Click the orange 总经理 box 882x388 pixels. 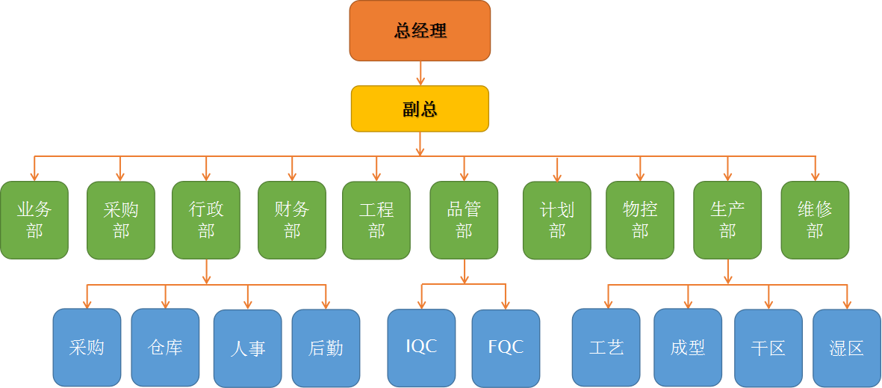[x=420, y=31]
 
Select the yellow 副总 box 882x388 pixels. [x=420, y=109]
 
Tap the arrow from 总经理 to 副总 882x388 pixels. [x=420, y=73]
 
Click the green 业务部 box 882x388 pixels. [x=34, y=220]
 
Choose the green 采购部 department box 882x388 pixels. [x=121, y=220]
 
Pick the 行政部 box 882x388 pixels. [x=206, y=220]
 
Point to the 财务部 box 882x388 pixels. [x=292, y=220]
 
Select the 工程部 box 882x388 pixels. [x=376, y=220]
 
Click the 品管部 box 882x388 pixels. [x=464, y=220]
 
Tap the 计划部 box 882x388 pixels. [x=557, y=220]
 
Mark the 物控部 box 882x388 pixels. [x=640, y=220]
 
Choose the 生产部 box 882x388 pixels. [x=727, y=220]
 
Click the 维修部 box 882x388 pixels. [x=815, y=220]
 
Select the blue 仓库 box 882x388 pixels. [x=165, y=347]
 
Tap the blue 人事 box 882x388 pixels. [x=247, y=348]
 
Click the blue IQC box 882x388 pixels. [x=421, y=346]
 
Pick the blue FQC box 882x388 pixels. [x=506, y=347]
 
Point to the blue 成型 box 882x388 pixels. [x=688, y=347]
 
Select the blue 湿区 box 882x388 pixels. [x=846, y=347]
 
